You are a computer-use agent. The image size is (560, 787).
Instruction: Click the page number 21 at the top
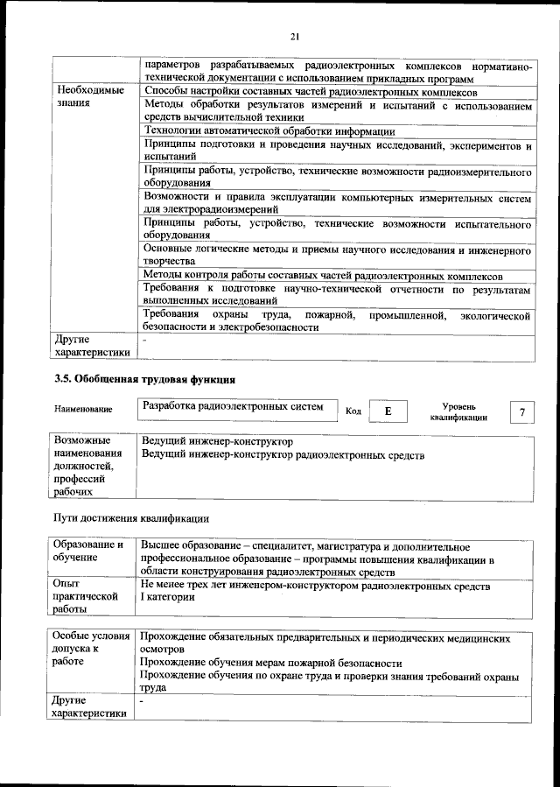click(294, 36)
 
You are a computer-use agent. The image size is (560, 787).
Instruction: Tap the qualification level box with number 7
click(522, 411)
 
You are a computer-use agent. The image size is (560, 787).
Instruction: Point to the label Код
click(353, 411)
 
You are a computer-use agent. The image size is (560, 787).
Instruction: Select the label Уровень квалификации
click(458, 412)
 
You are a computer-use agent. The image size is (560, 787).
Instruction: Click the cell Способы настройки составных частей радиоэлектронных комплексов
click(311, 91)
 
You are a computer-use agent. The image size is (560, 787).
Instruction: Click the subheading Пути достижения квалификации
click(132, 518)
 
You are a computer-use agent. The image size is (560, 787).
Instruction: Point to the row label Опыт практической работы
click(85, 597)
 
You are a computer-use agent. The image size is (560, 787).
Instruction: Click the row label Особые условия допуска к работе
click(90, 651)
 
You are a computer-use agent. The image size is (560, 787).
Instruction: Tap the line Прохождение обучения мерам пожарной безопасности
click(271, 664)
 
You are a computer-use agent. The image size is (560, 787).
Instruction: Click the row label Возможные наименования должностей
click(87, 466)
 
